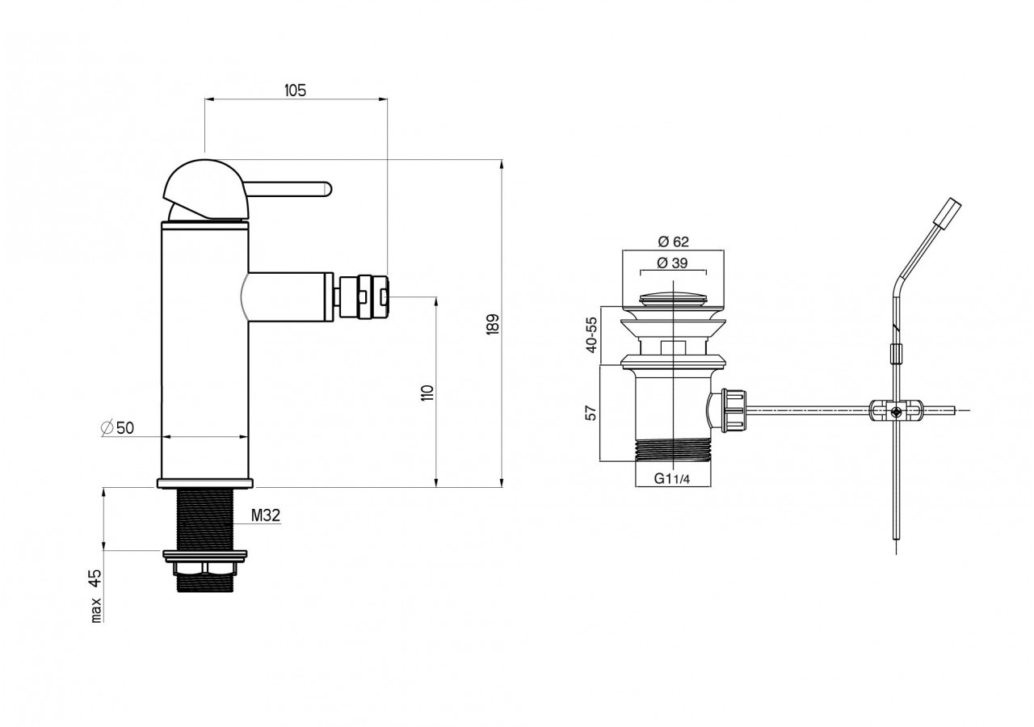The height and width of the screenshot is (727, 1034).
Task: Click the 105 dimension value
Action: point(295,90)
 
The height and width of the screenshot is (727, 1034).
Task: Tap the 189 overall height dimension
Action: point(493,324)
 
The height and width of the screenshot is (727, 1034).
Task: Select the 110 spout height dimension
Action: point(427,393)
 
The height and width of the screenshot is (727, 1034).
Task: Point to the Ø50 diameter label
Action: point(117,428)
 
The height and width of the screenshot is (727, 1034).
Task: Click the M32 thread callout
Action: point(266,515)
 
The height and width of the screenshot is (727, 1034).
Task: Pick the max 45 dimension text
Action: point(95,596)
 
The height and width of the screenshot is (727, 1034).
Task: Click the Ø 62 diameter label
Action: point(673,242)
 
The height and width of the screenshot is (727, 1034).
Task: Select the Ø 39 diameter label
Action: point(672,263)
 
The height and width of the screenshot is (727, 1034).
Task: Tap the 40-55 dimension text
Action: point(591,334)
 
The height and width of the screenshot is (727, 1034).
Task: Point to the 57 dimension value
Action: point(591,413)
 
